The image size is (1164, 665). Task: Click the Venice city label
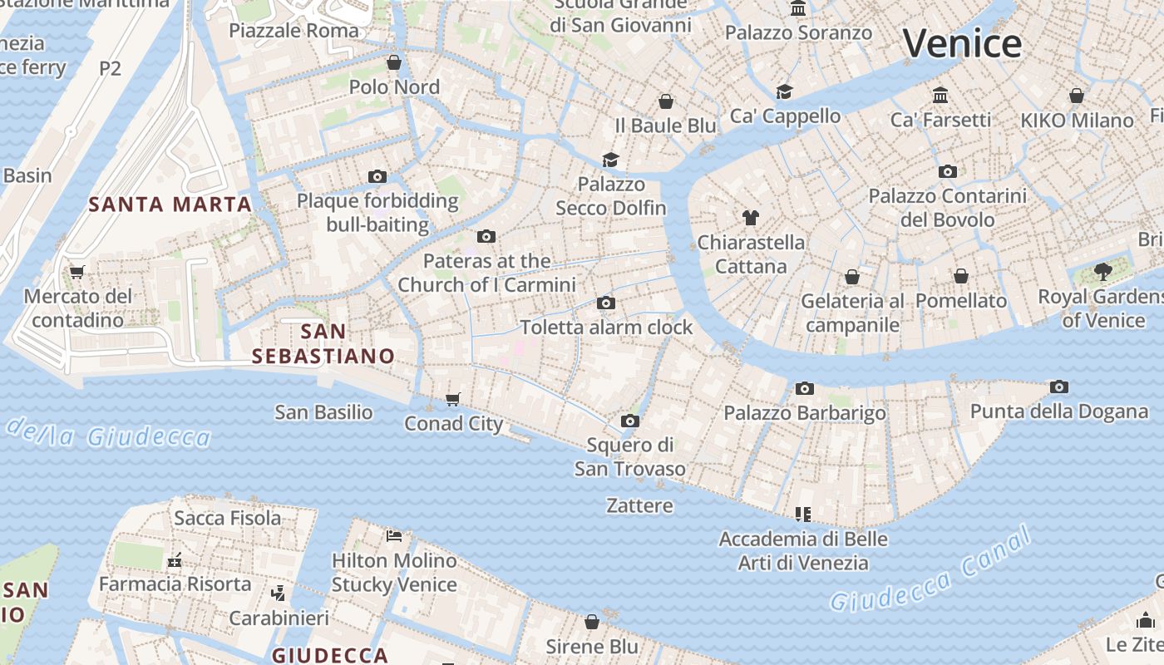click(x=962, y=43)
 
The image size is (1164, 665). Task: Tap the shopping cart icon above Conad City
click(x=453, y=400)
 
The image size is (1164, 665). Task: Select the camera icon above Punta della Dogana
click(x=1058, y=387)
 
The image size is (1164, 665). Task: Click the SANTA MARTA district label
click(x=170, y=204)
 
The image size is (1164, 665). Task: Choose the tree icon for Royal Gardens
click(x=1103, y=272)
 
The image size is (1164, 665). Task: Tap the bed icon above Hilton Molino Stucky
click(x=394, y=536)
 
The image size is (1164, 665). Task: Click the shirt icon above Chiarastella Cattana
click(x=751, y=218)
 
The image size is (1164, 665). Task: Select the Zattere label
click(x=639, y=505)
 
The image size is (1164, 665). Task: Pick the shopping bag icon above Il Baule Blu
click(x=665, y=101)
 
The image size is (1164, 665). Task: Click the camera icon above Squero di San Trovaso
click(x=630, y=421)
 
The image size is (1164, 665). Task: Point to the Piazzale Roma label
click(x=294, y=31)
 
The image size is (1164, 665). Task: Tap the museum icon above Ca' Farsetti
click(x=940, y=95)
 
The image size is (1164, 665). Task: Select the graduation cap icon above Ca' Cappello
click(x=784, y=91)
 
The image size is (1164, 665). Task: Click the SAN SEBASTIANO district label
click(x=323, y=344)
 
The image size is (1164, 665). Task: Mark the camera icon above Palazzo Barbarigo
click(x=804, y=388)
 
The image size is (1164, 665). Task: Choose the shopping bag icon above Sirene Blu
click(x=592, y=622)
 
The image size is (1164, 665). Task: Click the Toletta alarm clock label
click(x=606, y=327)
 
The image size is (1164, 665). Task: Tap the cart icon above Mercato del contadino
click(x=77, y=272)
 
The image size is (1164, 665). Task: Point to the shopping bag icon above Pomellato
click(x=961, y=276)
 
